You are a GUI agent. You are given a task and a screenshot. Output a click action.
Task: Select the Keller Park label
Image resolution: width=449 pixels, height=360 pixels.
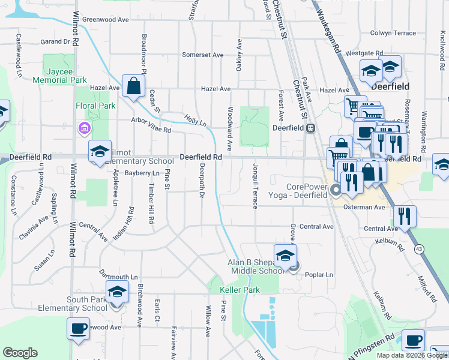pos(240,290)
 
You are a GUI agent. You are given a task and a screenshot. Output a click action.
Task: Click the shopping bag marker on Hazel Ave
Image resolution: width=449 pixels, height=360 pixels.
pos(133,86)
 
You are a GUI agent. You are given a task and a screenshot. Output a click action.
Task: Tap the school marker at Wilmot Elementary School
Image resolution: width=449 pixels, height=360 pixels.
pos(100,152)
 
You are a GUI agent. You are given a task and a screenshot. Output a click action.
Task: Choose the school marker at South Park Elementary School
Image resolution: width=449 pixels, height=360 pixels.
pos(117,293)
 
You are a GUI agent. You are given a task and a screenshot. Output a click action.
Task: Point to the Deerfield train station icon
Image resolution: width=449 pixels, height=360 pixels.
pos(311,128)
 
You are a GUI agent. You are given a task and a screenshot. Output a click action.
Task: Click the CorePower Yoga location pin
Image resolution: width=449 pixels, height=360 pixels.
pos(336,191)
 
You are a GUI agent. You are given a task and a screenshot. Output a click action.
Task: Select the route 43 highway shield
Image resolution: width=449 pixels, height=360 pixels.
pos(418,248)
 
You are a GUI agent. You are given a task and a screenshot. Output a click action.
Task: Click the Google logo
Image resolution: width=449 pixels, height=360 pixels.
pos(20,353)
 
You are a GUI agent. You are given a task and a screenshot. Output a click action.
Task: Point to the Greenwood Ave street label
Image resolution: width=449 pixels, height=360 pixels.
pos(106,20)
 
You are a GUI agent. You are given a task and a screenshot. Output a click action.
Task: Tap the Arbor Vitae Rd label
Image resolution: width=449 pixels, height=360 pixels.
pos(151,125)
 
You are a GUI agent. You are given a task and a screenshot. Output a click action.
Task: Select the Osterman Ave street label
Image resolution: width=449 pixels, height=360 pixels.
pos(364,207)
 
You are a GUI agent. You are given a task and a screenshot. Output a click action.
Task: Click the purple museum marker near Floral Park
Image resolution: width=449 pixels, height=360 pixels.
pos(83,128)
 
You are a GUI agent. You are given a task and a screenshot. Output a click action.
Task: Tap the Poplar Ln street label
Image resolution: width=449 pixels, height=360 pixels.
pos(319,275)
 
